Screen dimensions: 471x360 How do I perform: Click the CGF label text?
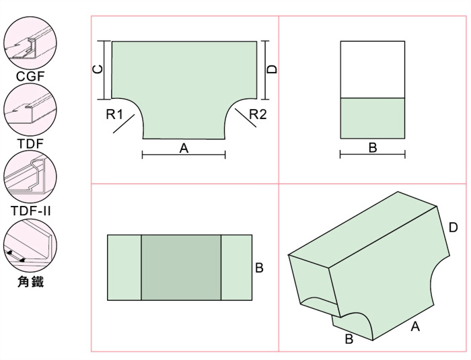(x=30, y=76)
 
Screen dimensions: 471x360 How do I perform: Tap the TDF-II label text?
(x=31, y=211)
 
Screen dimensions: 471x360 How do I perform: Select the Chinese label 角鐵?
(x=31, y=282)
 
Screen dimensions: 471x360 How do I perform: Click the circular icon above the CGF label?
(x=30, y=42)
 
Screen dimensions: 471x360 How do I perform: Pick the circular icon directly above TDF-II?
(x=30, y=176)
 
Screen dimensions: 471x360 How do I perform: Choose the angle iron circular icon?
(x=30, y=245)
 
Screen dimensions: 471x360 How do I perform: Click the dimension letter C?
(x=98, y=69)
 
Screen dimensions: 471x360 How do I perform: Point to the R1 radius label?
(x=114, y=114)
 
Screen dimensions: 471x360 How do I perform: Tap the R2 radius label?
(x=258, y=114)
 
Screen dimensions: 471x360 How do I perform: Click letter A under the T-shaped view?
(x=184, y=148)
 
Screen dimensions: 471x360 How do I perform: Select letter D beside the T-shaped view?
(x=272, y=69)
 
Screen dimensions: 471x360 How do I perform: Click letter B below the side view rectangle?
(x=373, y=148)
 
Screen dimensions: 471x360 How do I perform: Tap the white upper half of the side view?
(x=373, y=69)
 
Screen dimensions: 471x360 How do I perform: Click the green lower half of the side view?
(x=373, y=118)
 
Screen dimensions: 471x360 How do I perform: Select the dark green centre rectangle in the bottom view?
(x=181, y=267)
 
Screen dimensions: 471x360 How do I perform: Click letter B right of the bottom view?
(x=259, y=268)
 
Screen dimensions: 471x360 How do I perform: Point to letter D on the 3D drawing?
(x=453, y=227)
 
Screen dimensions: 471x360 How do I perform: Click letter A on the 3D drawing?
(x=415, y=326)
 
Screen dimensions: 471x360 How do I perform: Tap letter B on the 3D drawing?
(x=349, y=339)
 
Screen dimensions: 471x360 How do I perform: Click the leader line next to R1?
(x=124, y=124)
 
